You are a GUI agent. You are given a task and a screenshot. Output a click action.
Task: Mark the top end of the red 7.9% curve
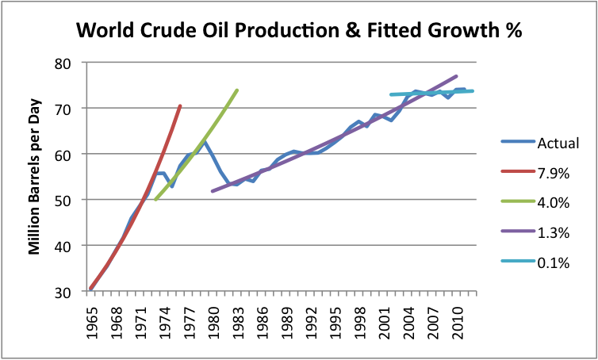tap(180, 105)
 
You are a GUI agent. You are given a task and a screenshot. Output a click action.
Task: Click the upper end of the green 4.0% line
tap(237, 90)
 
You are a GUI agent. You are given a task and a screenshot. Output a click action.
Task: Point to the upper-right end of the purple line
tap(457, 76)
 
